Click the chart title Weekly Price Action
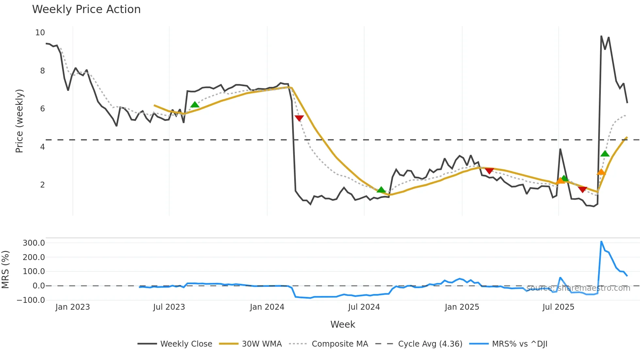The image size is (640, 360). coord(86,9)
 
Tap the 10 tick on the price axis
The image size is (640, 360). coord(40,33)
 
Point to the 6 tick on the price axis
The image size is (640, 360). coord(42,109)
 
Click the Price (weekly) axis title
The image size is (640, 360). coord(20,121)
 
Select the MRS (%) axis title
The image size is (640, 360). coord(6,270)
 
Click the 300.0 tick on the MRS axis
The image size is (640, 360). coord(34,243)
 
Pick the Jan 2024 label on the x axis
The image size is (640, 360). coord(267,307)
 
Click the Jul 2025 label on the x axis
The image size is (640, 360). coord(558,307)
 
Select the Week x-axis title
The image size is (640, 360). coord(343,324)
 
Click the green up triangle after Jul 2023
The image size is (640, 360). coord(195,105)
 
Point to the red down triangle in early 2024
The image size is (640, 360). coord(299,118)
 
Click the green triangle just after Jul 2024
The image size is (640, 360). coord(381,189)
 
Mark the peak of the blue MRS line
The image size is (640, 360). coord(601,241)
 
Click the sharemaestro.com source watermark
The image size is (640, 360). coord(578,288)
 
